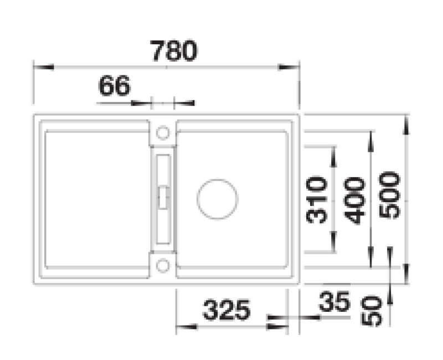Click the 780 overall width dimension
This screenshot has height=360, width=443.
tap(174, 52)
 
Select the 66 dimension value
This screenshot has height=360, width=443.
tap(114, 86)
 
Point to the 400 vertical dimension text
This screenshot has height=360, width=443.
tap(354, 200)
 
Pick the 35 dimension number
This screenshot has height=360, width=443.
tap(334, 302)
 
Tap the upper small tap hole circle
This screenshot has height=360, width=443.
tap(162, 132)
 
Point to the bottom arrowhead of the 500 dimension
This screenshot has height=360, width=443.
tap(407, 275)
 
